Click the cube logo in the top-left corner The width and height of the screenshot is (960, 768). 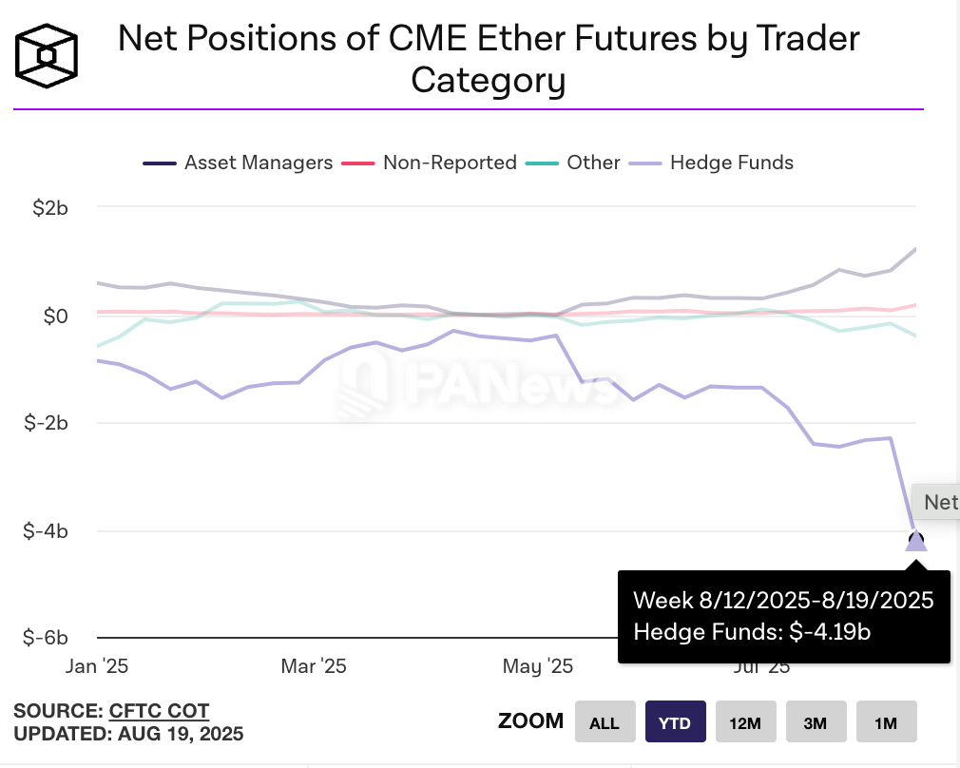(x=47, y=55)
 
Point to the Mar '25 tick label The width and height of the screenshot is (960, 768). (x=314, y=666)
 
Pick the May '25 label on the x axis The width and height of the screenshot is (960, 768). (x=538, y=666)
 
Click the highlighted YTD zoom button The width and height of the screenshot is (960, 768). (x=675, y=722)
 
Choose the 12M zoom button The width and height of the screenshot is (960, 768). (x=745, y=722)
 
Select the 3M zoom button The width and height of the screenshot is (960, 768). (x=815, y=722)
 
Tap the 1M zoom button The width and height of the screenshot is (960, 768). (x=886, y=722)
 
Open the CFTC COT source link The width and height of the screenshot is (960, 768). (x=159, y=711)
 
